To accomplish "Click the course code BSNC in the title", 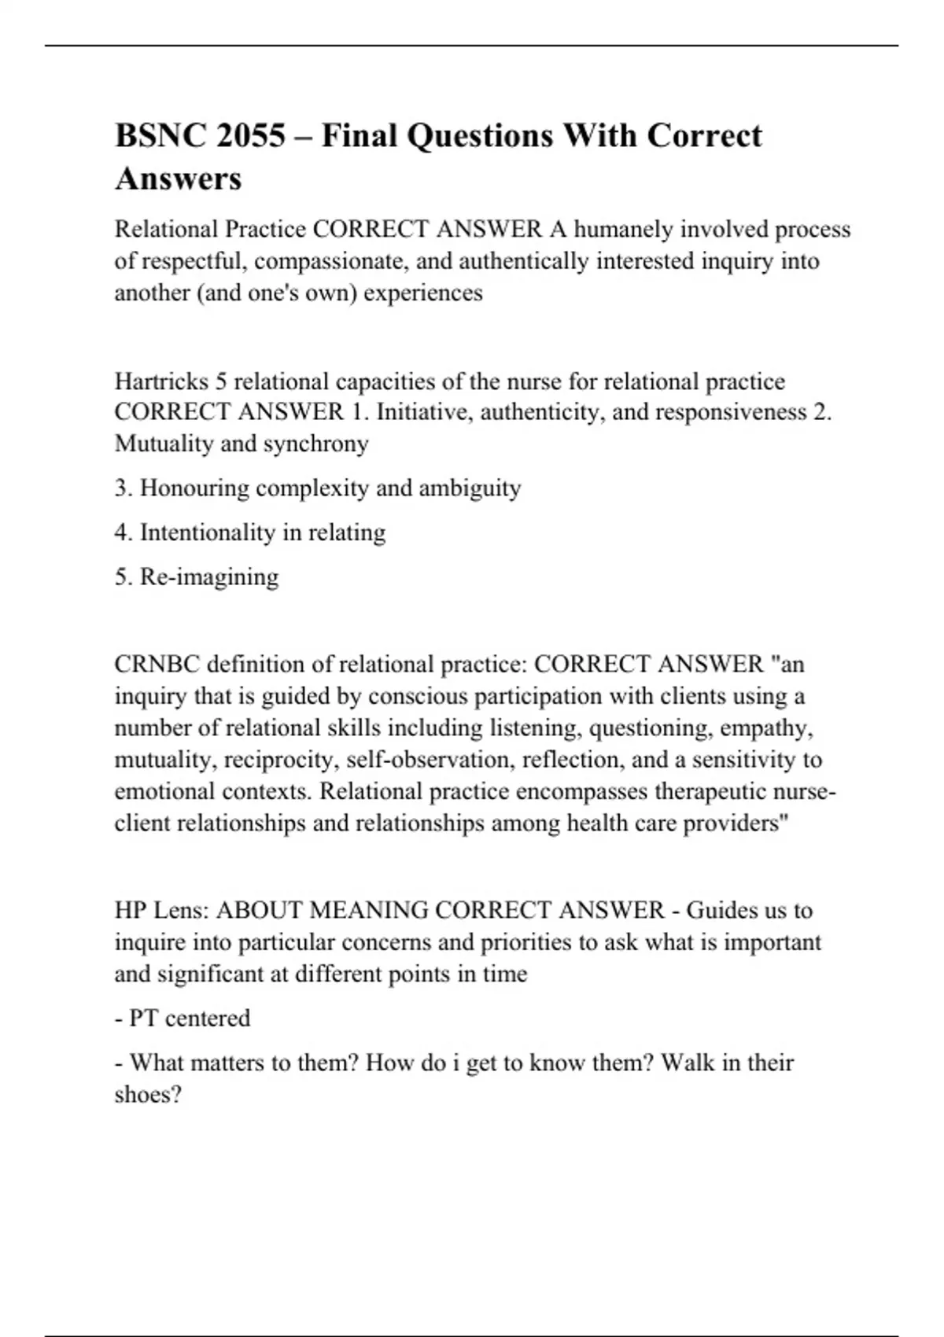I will coord(158,136).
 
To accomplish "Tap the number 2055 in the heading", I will coord(250,136).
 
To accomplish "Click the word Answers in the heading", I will coord(179,179).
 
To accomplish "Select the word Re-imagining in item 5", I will coord(209,576).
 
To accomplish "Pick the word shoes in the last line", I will coord(145,1095).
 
